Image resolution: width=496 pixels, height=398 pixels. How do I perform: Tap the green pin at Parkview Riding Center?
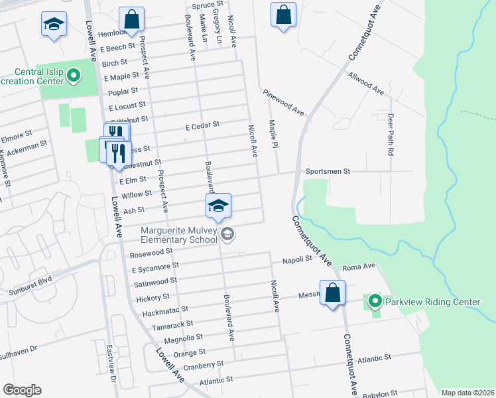(x=375, y=302)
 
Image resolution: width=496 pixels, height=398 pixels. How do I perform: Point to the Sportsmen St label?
(x=327, y=171)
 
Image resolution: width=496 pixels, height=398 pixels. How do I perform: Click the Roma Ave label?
(x=359, y=266)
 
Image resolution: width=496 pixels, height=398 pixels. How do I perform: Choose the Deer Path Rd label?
(x=391, y=135)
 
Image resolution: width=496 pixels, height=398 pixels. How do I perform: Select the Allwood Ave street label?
(x=366, y=84)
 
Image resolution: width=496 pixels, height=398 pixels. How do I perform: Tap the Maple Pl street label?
(x=272, y=135)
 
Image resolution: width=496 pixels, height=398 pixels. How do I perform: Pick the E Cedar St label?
(x=202, y=124)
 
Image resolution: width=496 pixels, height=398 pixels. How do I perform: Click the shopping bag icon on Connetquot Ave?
(x=332, y=292)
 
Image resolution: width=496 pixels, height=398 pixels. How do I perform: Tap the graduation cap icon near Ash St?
(x=217, y=206)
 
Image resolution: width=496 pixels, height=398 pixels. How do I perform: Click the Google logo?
(x=22, y=389)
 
